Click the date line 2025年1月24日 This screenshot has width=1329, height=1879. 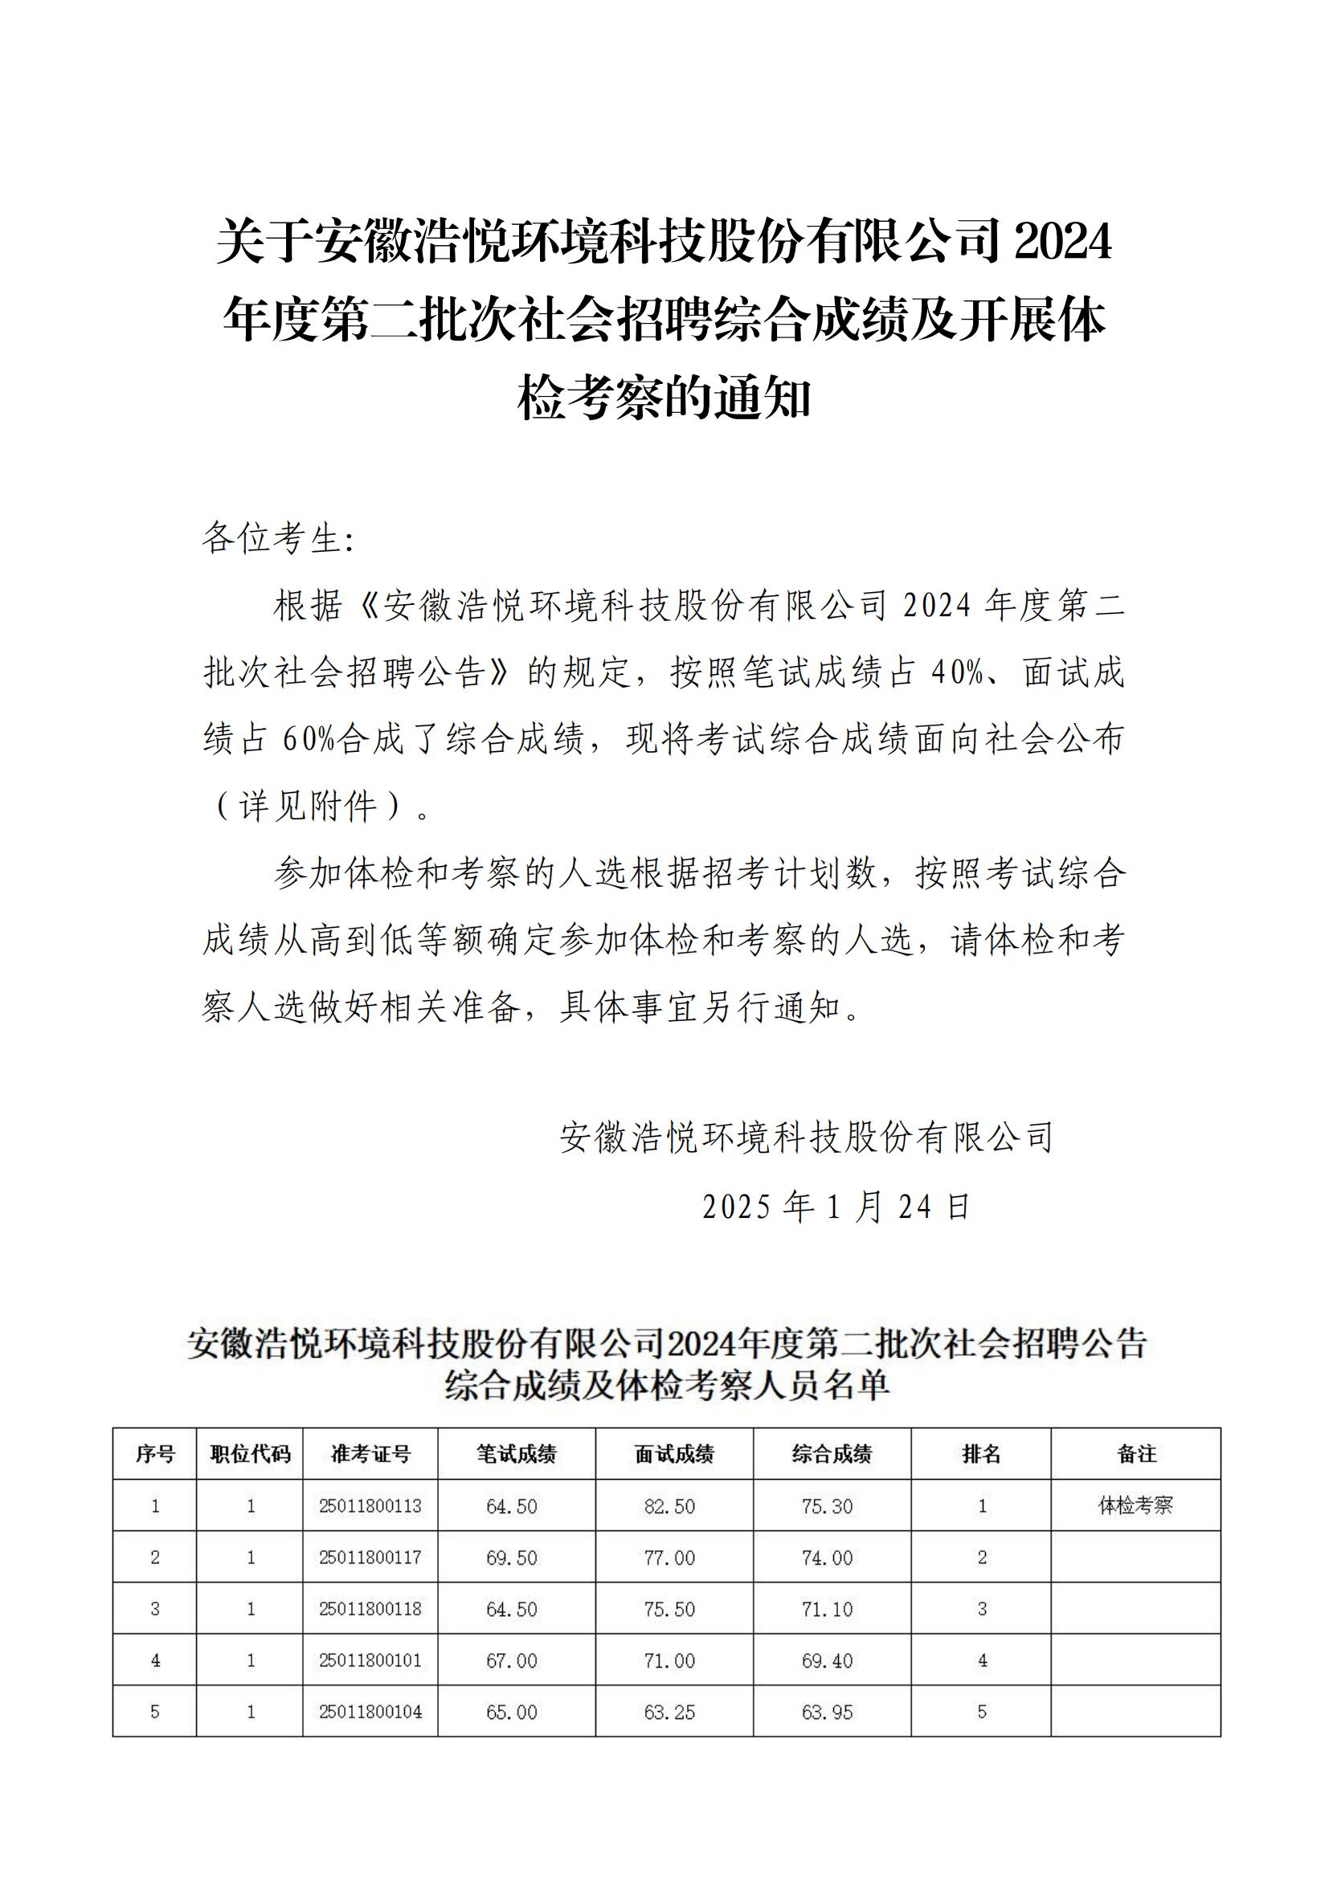[836, 1207]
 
